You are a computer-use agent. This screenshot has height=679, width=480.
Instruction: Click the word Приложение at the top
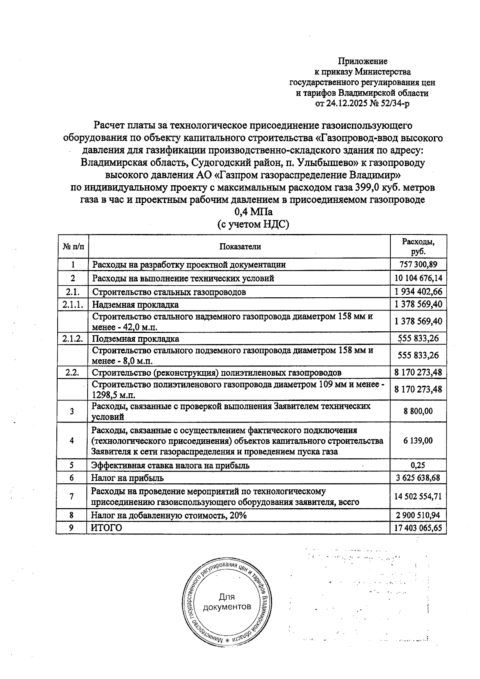point(363,61)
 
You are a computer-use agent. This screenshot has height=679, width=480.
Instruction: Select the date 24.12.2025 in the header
point(347,104)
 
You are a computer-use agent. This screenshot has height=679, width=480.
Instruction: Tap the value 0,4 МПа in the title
point(253,212)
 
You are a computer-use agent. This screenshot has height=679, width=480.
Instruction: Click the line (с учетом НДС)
point(253,224)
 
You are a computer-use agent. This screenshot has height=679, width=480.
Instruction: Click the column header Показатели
point(240,246)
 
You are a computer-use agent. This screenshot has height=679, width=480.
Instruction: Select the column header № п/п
point(73,246)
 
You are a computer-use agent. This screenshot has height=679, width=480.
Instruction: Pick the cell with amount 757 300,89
point(418,264)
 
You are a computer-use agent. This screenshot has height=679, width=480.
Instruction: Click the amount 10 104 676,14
point(418,278)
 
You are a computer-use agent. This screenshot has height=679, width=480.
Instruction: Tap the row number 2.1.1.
point(73,304)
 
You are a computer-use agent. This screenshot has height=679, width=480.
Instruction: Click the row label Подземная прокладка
point(136,338)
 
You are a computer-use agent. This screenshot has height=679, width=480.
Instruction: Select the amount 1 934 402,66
point(418,292)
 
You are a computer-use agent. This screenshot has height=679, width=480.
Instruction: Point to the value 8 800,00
point(418,411)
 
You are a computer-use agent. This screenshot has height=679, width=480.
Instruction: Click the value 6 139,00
point(418,441)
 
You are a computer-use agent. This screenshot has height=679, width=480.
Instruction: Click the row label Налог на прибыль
point(128,478)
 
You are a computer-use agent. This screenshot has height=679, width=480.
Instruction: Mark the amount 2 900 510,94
point(418,515)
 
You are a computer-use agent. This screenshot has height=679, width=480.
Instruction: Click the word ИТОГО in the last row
point(106,528)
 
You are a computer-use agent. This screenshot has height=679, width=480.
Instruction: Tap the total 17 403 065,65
point(418,528)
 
